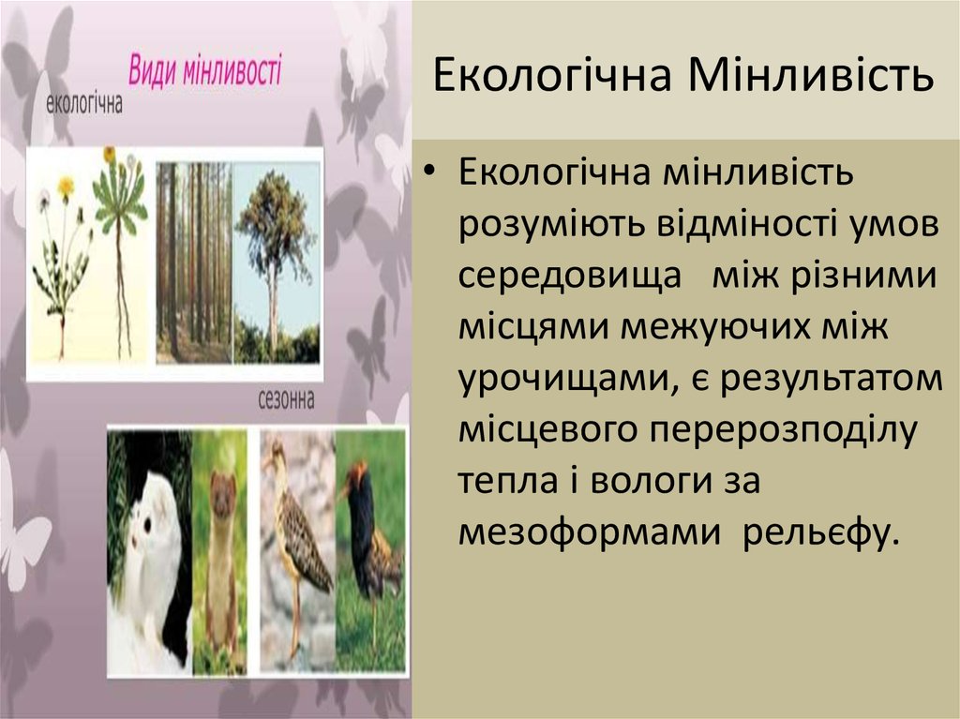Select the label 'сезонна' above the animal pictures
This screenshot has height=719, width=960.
coord(285,400)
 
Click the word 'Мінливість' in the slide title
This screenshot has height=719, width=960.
coord(812,78)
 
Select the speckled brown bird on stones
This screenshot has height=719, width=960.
coord(299,544)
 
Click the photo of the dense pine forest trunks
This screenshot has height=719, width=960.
coord(192,262)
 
